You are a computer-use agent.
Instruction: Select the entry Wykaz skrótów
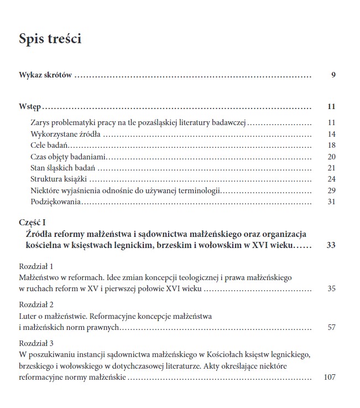[45, 75]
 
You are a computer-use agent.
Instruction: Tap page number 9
[333, 75]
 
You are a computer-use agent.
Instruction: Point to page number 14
[332, 134]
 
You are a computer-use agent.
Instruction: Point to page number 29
[332, 190]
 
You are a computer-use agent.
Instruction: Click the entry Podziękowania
[56, 202]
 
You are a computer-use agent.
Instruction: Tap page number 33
[331, 245]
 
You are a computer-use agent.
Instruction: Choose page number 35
[332, 288]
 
